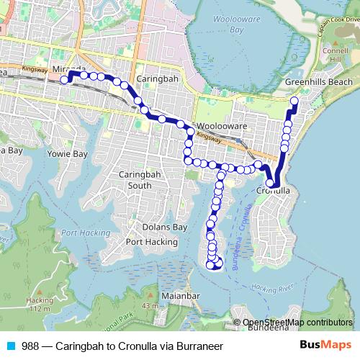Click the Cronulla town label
click(273, 191)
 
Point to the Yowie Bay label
click(66, 154)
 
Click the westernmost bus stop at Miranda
click(64, 80)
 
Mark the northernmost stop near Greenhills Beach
click(294, 102)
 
